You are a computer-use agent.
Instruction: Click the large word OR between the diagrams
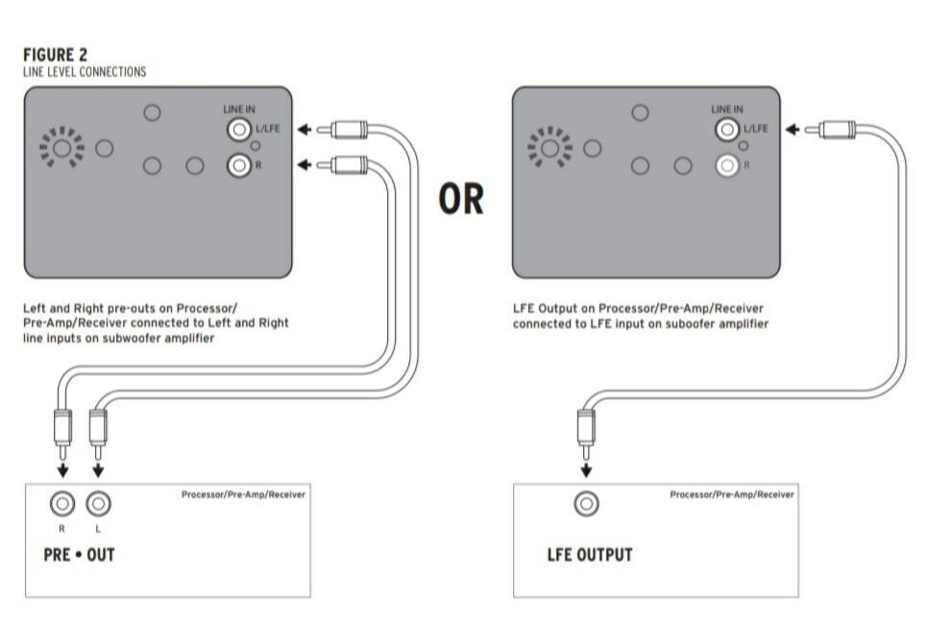[x=462, y=199]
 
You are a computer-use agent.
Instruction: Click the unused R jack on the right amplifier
[x=726, y=166]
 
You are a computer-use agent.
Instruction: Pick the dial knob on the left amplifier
[x=61, y=149]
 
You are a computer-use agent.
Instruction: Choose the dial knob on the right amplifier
[x=549, y=149]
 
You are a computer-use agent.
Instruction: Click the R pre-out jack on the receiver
[x=62, y=503]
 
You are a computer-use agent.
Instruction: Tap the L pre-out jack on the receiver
[x=98, y=503]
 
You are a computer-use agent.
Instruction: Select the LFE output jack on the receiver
[x=586, y=503]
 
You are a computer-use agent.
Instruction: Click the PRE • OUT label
[x=79, y=555]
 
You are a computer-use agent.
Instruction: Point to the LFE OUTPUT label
[x=589, y=555]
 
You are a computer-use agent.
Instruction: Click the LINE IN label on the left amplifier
[x=240, y=109]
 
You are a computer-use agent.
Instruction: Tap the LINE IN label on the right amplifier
[x=727, y=109]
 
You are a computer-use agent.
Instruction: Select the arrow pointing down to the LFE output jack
[x=586, y=470]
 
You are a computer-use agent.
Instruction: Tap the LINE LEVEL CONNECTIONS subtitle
[x=84, y=72]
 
